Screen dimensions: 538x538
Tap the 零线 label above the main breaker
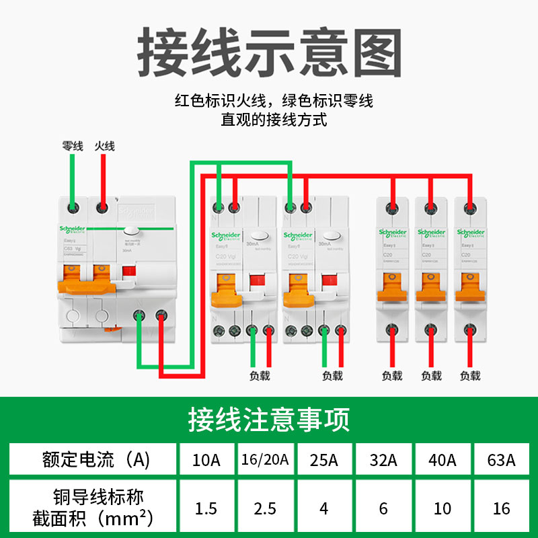click(73, 145)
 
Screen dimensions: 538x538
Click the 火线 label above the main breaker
click(104, 145)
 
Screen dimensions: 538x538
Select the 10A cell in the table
click(206, 461)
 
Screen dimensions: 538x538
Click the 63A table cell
click(502, 461)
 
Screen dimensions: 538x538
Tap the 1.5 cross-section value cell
click(206, 508)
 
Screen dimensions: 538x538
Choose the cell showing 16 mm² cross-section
click(502, 508)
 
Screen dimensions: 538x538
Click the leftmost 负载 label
click(260, 375)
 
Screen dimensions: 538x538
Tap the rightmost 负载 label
click(470, 375)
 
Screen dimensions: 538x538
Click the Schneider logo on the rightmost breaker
click(470, 233)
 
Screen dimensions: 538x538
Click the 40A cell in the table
click(443, 461)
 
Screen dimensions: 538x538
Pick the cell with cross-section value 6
click(383, 508)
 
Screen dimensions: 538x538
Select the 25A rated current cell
click(324, 461)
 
